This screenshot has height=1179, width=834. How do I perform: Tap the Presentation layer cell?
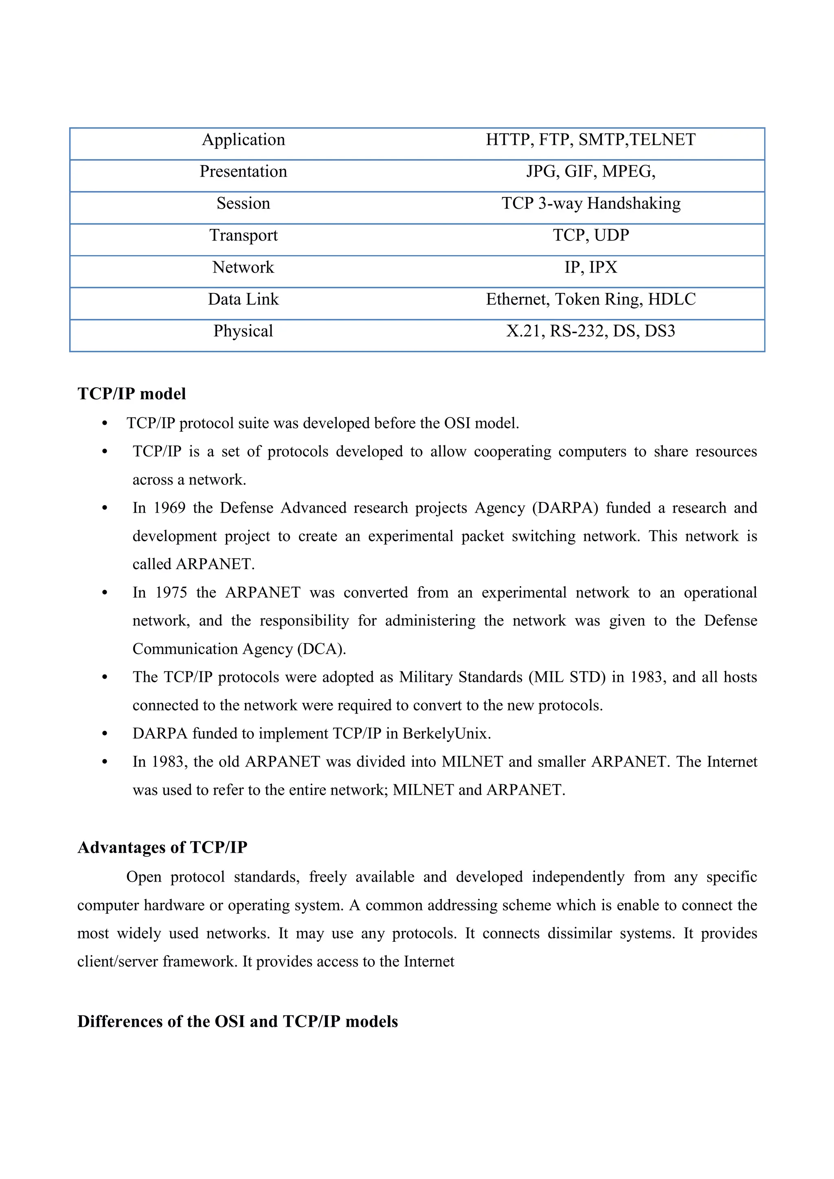coord(243,172)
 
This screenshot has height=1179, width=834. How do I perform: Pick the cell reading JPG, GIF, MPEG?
coord(590,172)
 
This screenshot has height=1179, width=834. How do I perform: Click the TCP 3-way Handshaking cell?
coord(591,203)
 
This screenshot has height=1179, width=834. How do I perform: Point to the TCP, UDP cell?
coord(590,235)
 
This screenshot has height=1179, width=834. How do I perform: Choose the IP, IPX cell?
coord(590,268)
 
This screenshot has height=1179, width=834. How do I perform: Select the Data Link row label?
coord(243,299)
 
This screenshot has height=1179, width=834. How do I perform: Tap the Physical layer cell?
coord(243,331)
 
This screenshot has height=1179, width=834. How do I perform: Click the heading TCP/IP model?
coord(132,394)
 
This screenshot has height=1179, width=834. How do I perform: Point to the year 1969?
coord(169,508)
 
